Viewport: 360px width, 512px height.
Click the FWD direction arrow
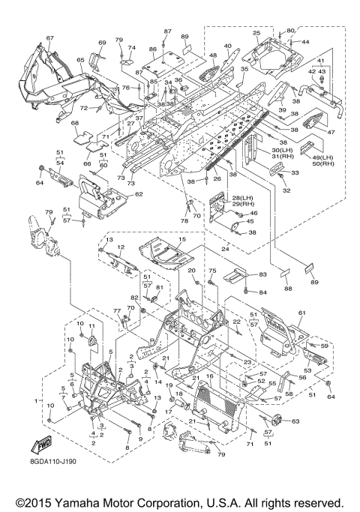tap(41, 446)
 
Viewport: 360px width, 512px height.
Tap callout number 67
tap(49, 38)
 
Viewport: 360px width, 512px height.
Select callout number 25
tap(256, 33)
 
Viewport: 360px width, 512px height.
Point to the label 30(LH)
tap(281, 150)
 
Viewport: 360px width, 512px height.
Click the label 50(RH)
tap(323, 163)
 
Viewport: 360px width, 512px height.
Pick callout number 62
tap(139, 194)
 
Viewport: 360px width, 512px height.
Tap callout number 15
tap(182, 239)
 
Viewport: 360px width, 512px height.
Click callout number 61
tap(301, 313)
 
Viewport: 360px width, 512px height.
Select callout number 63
tap(295, 421)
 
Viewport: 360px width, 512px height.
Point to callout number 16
tap(210, 376)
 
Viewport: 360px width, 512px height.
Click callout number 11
tap(91, 326)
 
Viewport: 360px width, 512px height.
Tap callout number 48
tap(213, 55)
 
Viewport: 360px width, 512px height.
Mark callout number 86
tap(153, 49)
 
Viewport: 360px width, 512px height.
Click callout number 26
tap(217, 178)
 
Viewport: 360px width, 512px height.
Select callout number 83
tap(262, 274)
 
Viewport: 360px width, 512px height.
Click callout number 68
tap(75, 123)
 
